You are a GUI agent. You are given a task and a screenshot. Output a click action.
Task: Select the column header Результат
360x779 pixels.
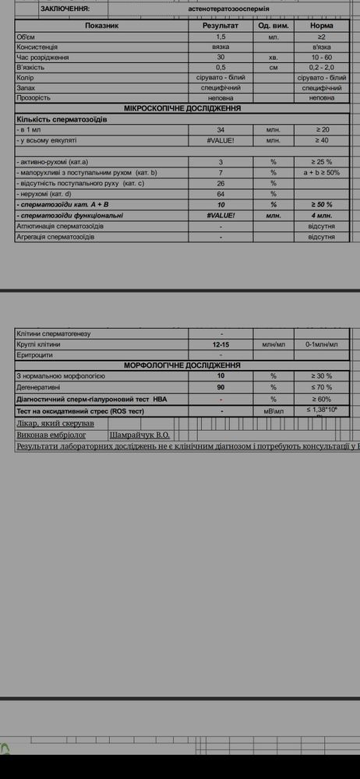[x=221, y=26]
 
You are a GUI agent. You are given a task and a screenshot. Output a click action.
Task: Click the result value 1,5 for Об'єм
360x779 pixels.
[x=221, y=37]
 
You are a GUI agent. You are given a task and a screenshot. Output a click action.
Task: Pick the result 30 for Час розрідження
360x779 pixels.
[x=221, y=58]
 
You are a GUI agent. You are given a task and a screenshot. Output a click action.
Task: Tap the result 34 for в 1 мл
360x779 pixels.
[x=221, y=129]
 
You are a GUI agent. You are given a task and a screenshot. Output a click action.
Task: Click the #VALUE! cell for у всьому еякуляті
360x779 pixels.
[x=221, y=140]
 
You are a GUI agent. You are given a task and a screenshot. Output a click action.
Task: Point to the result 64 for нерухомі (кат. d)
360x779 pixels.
[x=221, y=193]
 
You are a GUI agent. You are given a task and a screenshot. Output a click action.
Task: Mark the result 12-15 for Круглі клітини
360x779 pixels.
[x=221, y=344]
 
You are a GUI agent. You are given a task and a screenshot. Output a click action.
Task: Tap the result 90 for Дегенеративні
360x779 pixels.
[x=221, y=386]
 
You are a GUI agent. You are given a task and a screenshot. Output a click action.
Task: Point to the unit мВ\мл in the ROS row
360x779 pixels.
[x=274, y=411]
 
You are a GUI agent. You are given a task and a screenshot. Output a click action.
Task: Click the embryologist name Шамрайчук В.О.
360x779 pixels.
[x=140, y=435]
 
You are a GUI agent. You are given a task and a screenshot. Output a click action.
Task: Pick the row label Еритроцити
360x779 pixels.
[x=35, y=354]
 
